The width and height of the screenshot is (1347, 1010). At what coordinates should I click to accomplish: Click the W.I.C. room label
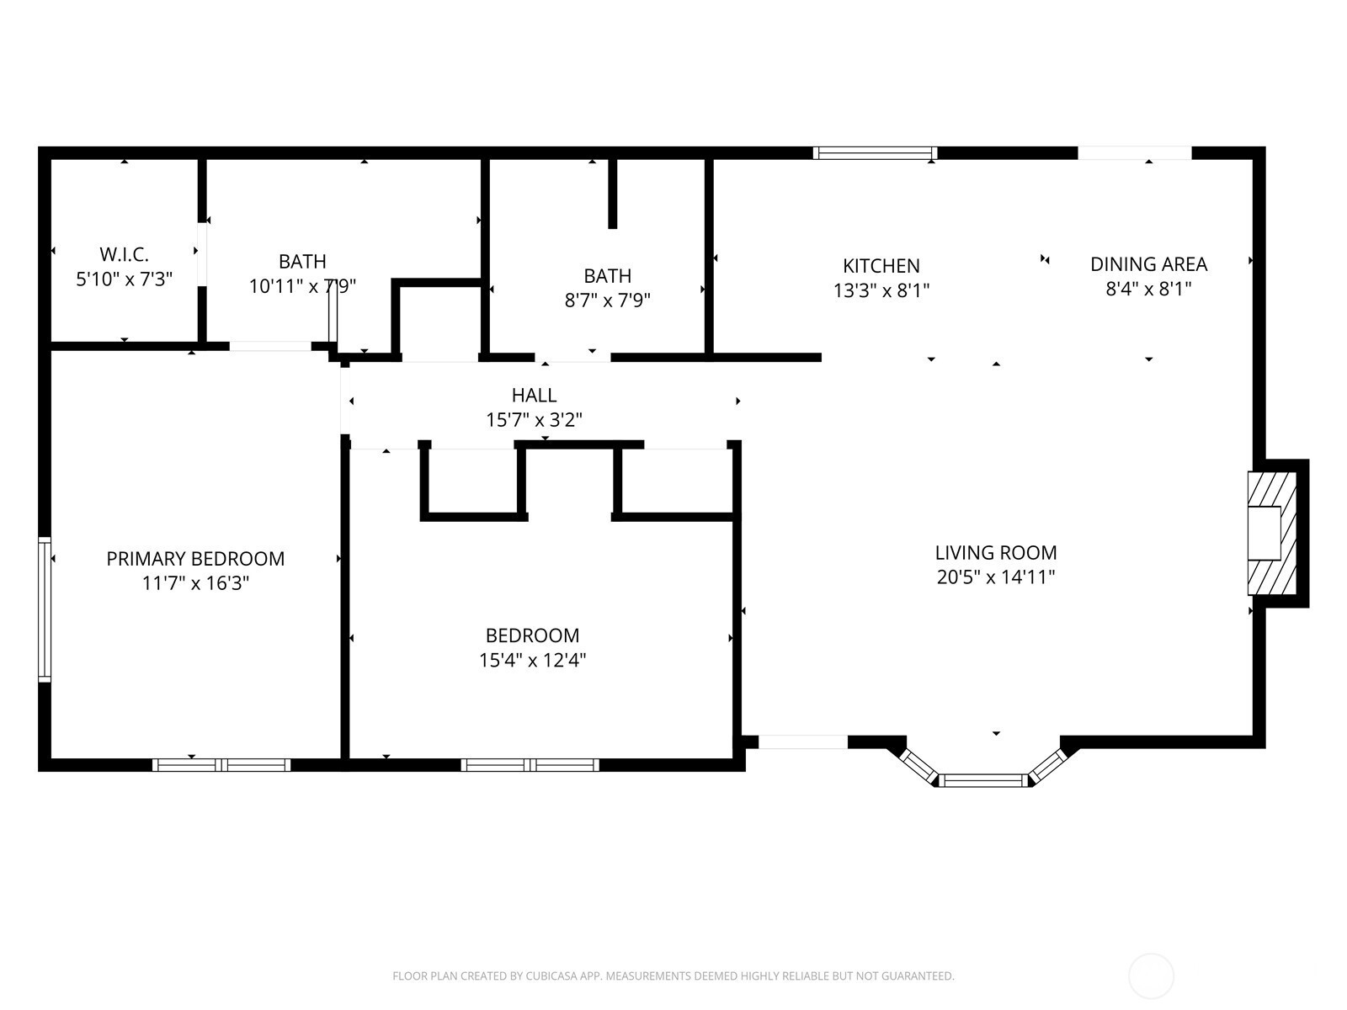pyautogui.click(x=124, y=254)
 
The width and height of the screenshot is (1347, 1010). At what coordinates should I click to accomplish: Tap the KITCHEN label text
pyautogui.click(x=881, y=265)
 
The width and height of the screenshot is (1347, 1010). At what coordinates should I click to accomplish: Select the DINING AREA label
pyautogui.click(x=1149, y=264)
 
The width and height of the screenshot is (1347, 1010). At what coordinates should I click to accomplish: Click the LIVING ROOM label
pyautogui.click(x=996, y=552)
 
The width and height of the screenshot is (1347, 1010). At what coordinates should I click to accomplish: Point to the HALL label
pyautogui.click(x=534, y=395)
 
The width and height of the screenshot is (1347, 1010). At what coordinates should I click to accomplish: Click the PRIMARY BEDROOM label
pyautogui.click(x=195, y=559)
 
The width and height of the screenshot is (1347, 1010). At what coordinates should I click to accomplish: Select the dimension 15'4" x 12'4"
pyautogui.click(x=533, y=660)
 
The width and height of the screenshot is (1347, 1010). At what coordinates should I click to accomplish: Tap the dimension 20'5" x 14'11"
pyautogui.click(x=996, y=577)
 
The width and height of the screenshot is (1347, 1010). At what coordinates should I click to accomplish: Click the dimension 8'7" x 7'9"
pyautogui.click(x=608, y=300)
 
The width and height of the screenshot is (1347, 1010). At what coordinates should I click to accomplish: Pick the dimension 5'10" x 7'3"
pyautogui.click(x=124, y=279)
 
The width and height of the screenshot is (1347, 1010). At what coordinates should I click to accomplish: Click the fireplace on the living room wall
pyautogui.click(x=1272, y=533)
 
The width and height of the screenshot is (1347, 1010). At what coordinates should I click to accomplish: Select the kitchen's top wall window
pyautogui.click(x=875, y=152)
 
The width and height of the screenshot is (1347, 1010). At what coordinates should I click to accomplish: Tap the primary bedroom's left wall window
pyautogui.click(x=44, y=609)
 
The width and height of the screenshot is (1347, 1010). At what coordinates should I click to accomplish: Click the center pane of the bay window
pyautogui.click(x=983, y=780)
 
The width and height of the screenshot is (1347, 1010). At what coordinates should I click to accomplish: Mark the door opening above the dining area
pyautogui.click(x=1135, y=152)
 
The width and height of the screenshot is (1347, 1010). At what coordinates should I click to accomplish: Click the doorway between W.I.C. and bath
pyautogui.click(x=202, y=254)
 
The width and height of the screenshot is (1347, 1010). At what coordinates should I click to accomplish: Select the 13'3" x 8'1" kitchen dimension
pyautogui.click(x=881, y=290)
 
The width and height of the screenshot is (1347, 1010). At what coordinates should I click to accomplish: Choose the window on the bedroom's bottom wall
pyautogui.click(x=530, y=765)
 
